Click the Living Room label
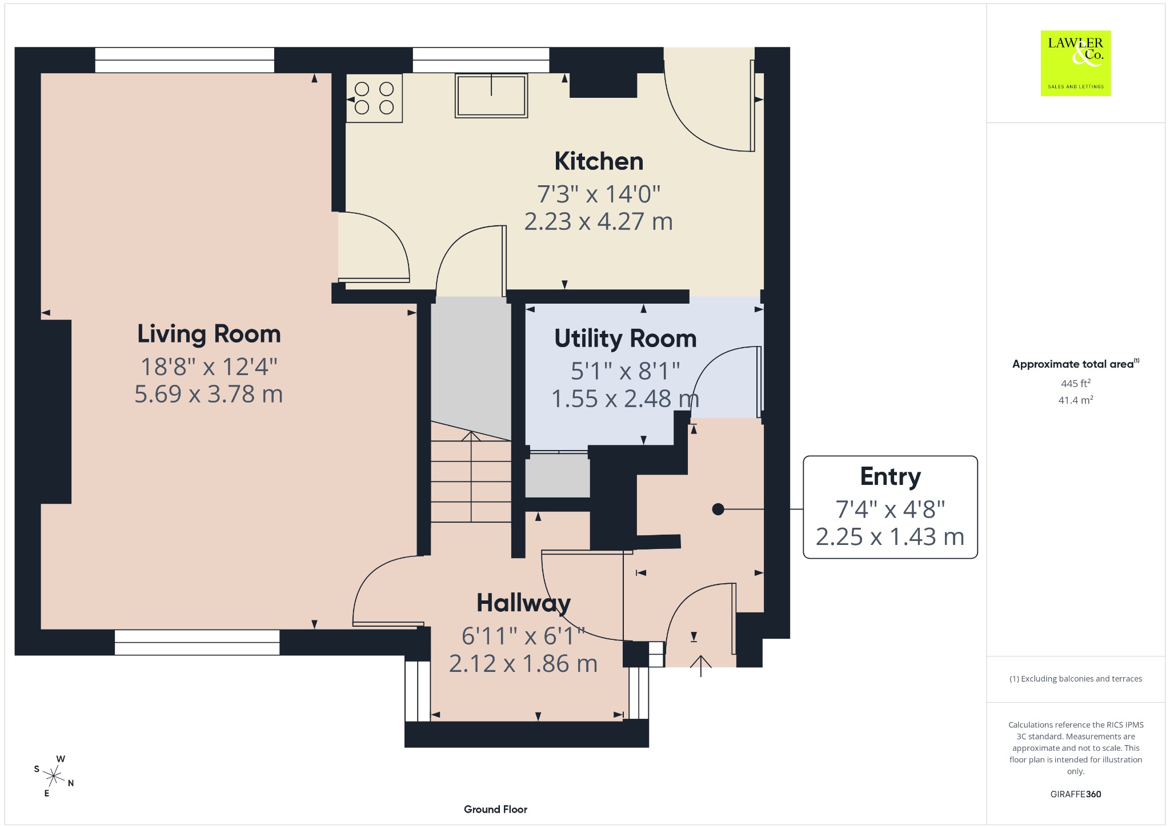pyautogui.click(x=209, y=335)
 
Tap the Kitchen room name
pyautogui.click(x=599, y=161)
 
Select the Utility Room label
pyautogui.click(x=626, y=339)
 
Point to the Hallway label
pyautogui.click(x=524, y=603)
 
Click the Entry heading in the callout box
pyautogui.click(x=891, y=477)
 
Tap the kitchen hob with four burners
pyautogui.click(x=374, y=98)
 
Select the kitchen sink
pyautogui.click(x=491, y=95)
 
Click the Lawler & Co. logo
pyautogui.click(x=1076, y=63)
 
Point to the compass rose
pyautogui.click(x=54, y=776)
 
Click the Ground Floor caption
pyautogui.click(x=495, y=809)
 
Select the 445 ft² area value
pyautogui.click(x=1076, y=383)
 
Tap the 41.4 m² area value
pyautogui.click(x=1076, y=400)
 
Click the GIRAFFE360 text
pyautogui.click(x=1076, y=794)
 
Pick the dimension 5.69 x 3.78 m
pyautogui.click(x=209, y=394)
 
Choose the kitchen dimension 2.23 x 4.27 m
pyautogui.click(x=599, y=221)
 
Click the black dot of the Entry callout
pyautogui.click(x=718, y=509)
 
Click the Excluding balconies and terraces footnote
pyautogui.click(x=1076, y=679)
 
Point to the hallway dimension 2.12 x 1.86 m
pyautogui.click(x=523, y=664)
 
